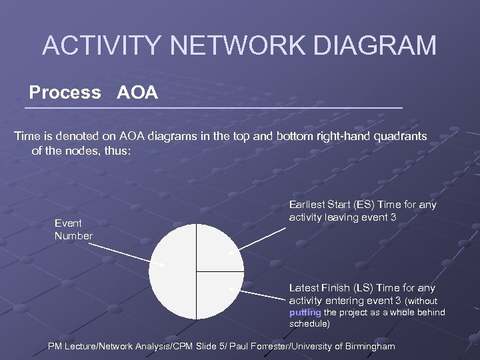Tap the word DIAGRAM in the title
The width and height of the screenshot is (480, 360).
pyautogui.click(x=371, y=45)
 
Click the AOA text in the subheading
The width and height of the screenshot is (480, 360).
pyautogui.click(x=137, y=92)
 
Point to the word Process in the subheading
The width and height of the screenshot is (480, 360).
pyautogui.click(x=65, y=92)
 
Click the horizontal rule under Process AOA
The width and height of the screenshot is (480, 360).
pyautogui.click(x=213, y=107)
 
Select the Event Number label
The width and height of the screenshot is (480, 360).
pyautogui.click(x=73, y=230)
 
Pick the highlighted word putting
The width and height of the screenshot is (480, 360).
pyautogui.click(x=305, y=312)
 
